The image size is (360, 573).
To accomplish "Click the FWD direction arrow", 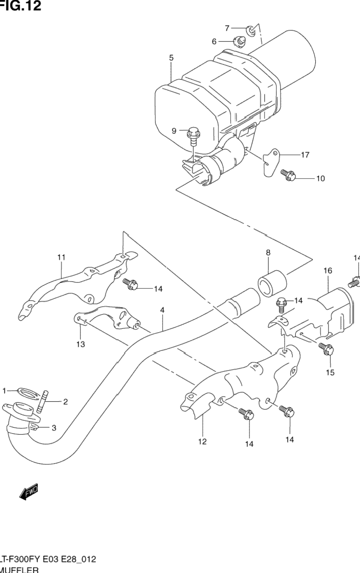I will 29,492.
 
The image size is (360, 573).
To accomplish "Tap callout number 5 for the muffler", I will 171,58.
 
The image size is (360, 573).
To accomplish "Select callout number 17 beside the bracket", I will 305,155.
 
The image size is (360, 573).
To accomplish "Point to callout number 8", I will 268,252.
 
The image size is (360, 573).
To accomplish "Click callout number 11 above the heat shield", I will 61,257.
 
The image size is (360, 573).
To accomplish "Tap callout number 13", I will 80,344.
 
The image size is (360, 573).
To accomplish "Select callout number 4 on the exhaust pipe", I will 162,310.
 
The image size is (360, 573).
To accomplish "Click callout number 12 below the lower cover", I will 202,441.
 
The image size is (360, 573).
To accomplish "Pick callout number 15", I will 330,372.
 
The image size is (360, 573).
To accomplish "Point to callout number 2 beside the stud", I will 65,402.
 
